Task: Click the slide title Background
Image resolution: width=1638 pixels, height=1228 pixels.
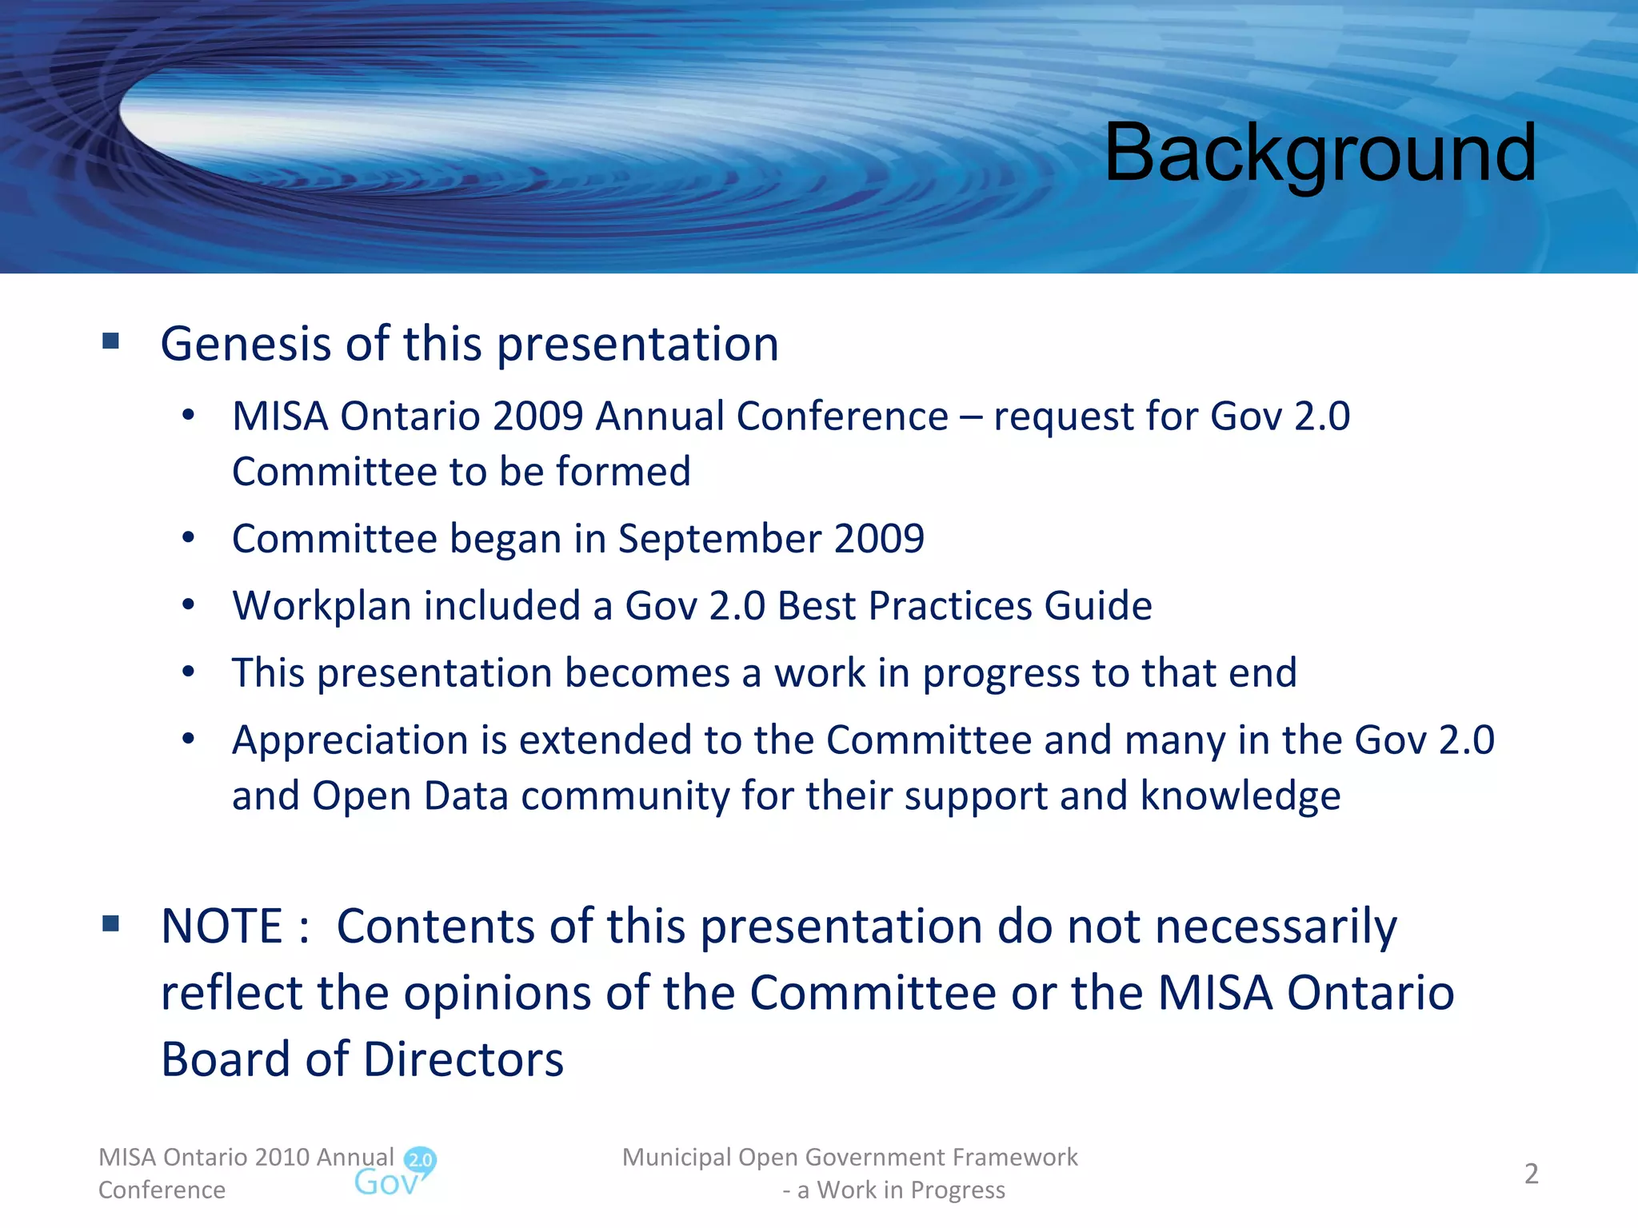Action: click(x=1320, y=153)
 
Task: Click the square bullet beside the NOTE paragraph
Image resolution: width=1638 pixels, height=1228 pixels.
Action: click(x=110, y=925)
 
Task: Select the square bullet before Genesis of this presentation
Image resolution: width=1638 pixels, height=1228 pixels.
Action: click(x=110, y=342)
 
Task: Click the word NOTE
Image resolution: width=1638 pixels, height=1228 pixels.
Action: click(x=222, y=927)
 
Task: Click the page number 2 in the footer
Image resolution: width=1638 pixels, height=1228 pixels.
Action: click(x=1531, y=1174)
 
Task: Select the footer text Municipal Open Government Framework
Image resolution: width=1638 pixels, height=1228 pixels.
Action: click(x=849, y=1158)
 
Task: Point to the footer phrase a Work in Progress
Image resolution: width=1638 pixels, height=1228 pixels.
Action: click(x=901, y=1190)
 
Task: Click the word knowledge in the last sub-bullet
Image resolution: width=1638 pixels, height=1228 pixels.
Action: click(x=1240, y=796)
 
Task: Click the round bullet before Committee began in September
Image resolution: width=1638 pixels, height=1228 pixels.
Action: click(x=188, y=538)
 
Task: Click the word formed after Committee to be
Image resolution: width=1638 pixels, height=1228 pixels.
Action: click(x=623, y=472)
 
